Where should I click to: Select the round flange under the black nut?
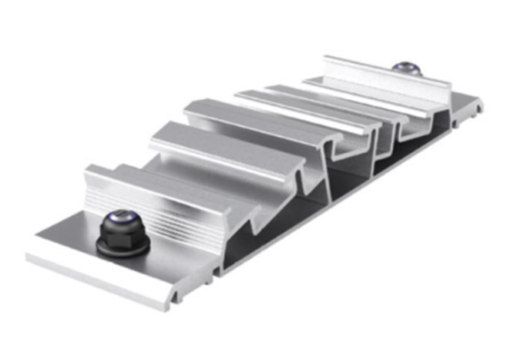[x=123, y=241]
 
